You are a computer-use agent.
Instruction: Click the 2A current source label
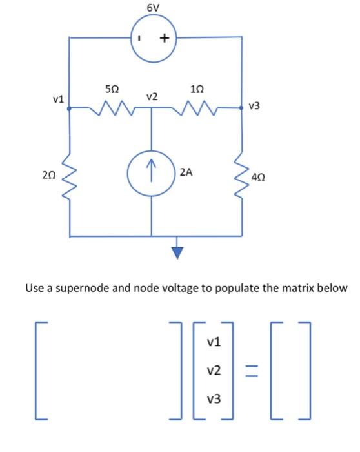click(186, 172)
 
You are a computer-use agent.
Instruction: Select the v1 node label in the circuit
click(58, 99)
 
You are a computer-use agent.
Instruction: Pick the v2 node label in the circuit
click(152, 97)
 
